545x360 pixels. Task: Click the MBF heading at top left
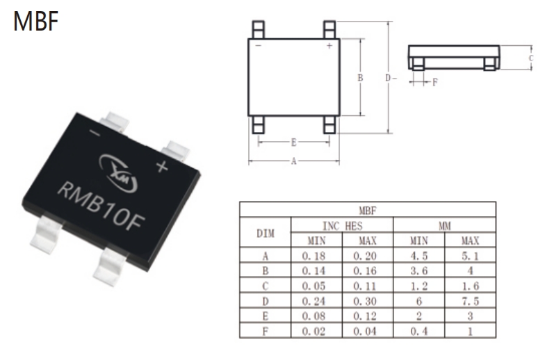(36, 21)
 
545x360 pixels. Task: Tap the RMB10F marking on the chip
(101, 207)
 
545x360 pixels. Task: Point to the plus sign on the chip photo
(162, 167)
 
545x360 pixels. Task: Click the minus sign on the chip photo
(95, 133)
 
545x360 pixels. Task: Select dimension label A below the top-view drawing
(293, 161)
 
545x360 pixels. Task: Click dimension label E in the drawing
(293, 142)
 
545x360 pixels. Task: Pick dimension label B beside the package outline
(360, 78)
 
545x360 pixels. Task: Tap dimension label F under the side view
(435, 82)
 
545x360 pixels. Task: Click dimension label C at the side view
(531, 58)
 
